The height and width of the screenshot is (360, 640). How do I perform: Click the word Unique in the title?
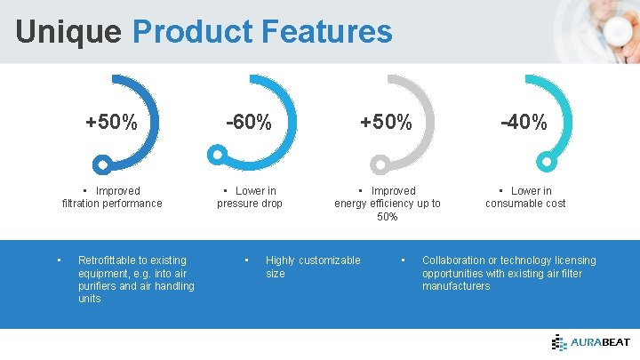pos(68,32)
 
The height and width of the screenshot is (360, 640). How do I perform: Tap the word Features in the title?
pos(326,32)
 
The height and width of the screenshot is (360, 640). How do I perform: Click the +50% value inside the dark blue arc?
pos(111,122)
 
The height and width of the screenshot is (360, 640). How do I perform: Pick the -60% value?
pos(249,122)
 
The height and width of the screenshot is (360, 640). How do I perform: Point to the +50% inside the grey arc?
pos(386,122)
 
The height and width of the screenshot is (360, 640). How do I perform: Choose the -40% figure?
pos(524,122)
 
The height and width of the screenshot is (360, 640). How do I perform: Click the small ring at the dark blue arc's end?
pos(103,164)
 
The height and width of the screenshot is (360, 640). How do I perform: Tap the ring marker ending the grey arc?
pos(380,164)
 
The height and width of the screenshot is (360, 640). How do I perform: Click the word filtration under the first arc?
pos(83,204)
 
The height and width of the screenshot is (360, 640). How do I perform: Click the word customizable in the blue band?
pos(330,260)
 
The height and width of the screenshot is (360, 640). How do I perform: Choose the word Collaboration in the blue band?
pos(453,260)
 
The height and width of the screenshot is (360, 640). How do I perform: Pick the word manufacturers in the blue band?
pos(456,286)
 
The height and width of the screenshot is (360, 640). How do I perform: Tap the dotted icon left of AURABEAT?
pos(559,341)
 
